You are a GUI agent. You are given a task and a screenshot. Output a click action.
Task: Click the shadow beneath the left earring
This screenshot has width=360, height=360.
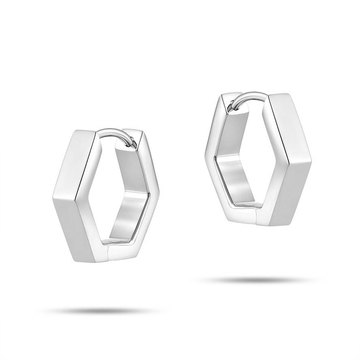[101, 311]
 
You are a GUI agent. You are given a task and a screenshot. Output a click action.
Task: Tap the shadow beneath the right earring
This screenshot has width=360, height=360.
[259, 280]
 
